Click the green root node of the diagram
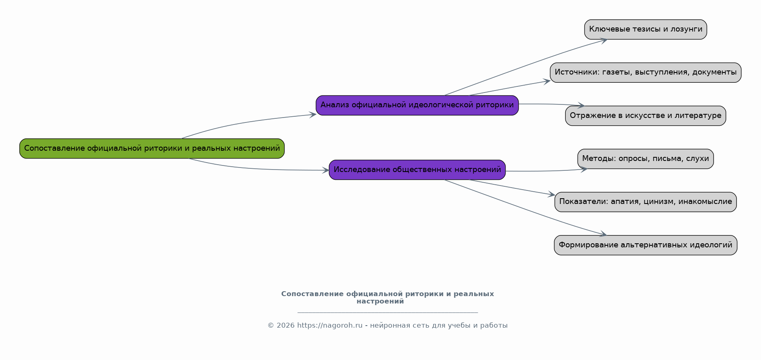pos(152,148)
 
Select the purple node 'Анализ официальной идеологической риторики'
pos(417,105)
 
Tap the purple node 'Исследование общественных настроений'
pos(417,170)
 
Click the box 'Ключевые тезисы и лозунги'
pos(646,29)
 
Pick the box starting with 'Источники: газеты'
pos(646,72)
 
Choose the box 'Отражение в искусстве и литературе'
pos(646,115)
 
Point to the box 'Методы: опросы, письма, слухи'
pos(646,158)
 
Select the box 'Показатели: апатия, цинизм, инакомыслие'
pos(646,202)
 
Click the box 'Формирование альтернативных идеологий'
pos(646,245)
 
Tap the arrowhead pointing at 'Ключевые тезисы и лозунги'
pos(603,41)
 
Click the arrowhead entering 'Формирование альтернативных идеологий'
pos(602,234)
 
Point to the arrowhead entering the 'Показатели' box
pos(551,194)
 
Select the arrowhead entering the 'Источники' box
pos(546,82)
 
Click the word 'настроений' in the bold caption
pos(380,301)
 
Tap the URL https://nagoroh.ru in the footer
pos(330,326)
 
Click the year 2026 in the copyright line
pos(285,326)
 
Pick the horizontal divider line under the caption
pos(388,312)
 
